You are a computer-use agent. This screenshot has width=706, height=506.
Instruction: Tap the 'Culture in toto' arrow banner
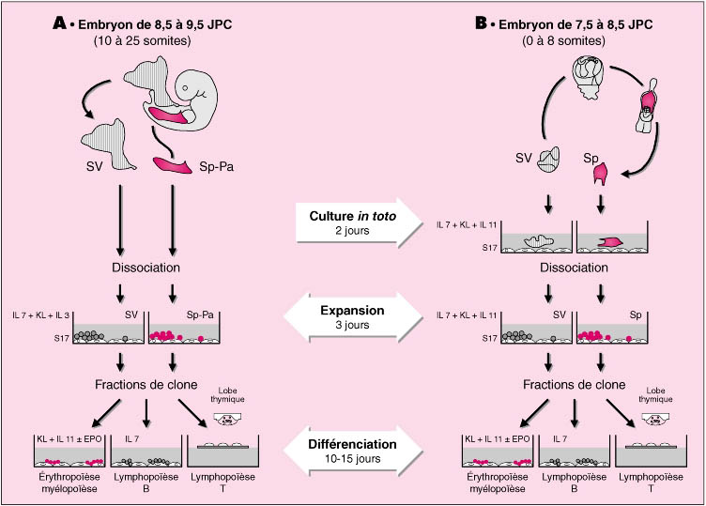tap(352, 221)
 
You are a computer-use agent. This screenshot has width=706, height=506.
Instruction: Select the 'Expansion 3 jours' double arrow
tap(352, 316)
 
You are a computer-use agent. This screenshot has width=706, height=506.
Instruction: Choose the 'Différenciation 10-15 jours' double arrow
tap(352, 448)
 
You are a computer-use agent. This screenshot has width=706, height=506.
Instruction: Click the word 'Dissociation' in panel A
tap(146, 267)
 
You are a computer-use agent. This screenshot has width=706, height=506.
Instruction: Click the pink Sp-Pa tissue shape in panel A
tap(175, 165)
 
